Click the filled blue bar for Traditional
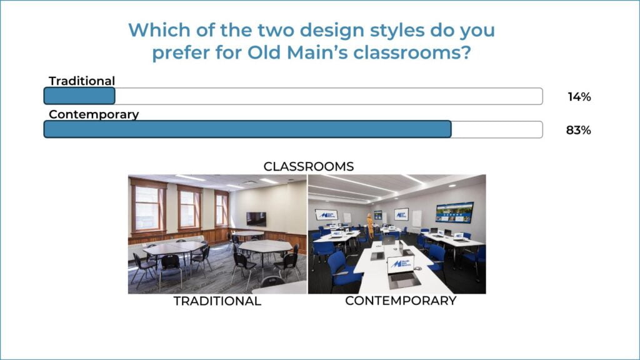click(x=79, y=96)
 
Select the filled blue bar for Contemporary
click(x=247, y=129)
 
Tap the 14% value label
click(x=579, y=97)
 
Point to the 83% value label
click(x=578, y=130)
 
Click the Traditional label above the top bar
click(x=82, y=81)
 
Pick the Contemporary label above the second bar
click(x=94, y=114)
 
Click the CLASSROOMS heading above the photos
click(x=309, y=166)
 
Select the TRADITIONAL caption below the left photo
click(x=217, y=301)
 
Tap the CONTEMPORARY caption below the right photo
click(x=401, y=301)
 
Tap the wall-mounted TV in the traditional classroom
click(x=256, y=219)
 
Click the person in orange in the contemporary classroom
click(x=370, y=225)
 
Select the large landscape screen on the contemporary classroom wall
click(x=455, y=212)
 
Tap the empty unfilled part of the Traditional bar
click(x=329, y=96)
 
